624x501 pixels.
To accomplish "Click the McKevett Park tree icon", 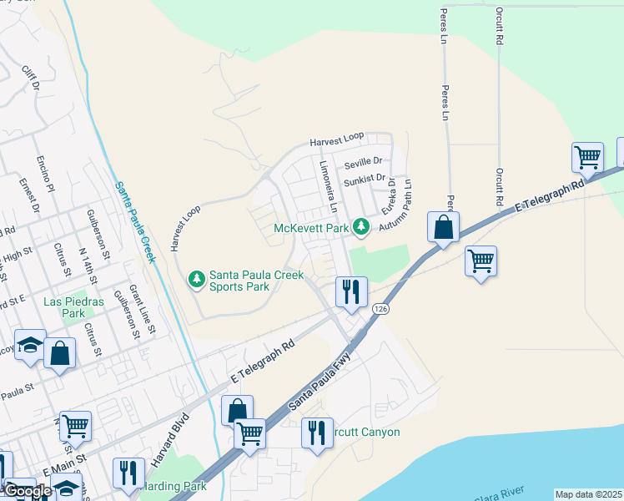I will coord(360,226).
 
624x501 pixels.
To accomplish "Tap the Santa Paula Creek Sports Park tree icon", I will coord(196,278).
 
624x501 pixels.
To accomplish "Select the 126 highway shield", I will coord(381,309).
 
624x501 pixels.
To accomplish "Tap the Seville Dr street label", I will coord(363,161).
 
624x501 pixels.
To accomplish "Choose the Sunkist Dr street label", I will coord(365,179).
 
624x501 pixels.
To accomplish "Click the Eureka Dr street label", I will coord(389,198).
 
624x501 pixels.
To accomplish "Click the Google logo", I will coord(28,491).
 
